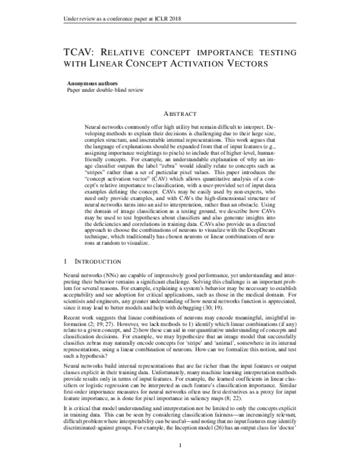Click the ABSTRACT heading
pos(180,113)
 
